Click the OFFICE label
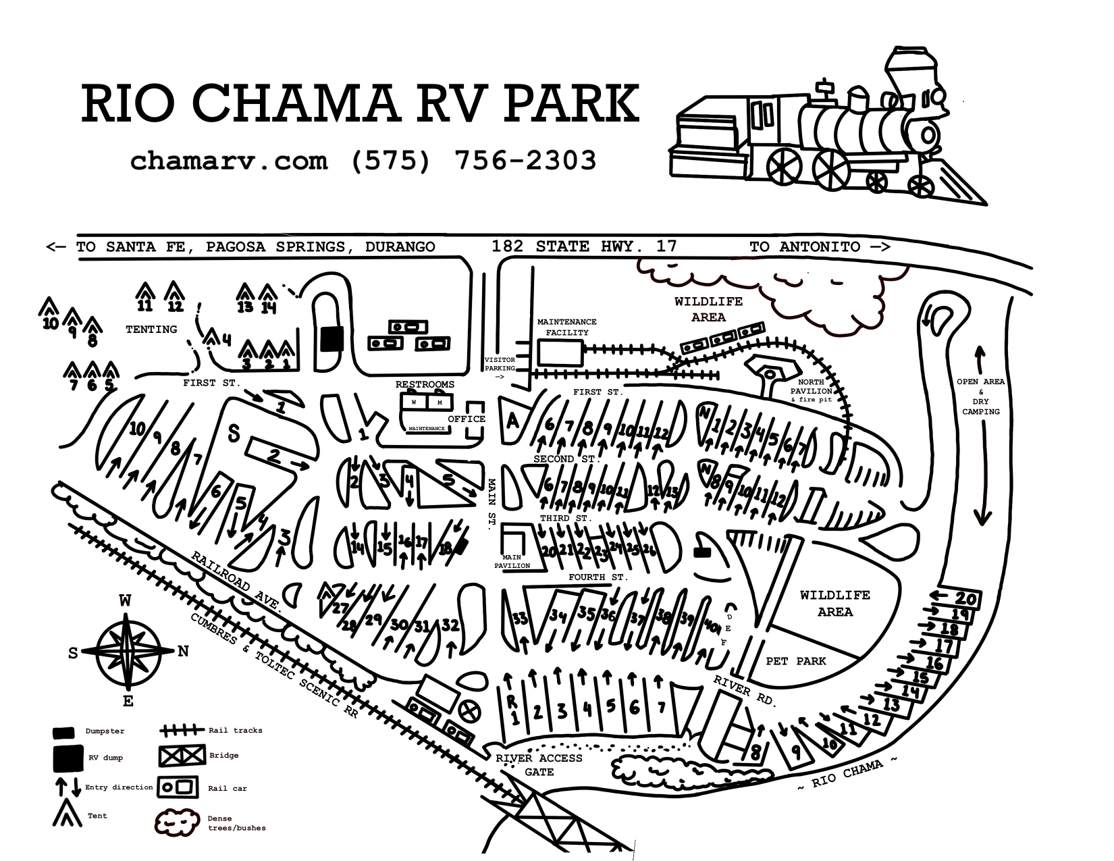467,419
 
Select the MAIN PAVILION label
512,561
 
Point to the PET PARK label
795,660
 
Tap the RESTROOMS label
425,384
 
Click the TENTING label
151,330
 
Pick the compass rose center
128,651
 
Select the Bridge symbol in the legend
182,756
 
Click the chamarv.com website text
229,161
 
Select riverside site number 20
965,598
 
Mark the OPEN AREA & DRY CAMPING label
981,396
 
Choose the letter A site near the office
512,421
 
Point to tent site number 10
51,323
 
